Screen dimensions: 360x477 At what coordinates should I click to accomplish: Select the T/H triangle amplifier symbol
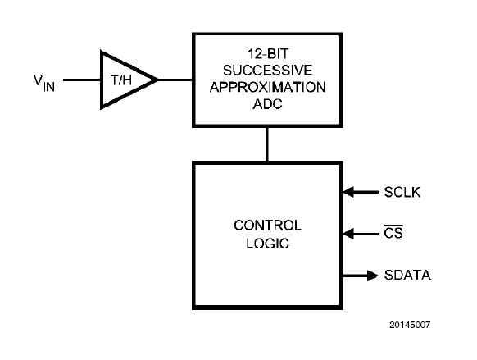[123, 80]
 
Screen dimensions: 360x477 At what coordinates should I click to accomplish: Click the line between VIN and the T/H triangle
[81, 80]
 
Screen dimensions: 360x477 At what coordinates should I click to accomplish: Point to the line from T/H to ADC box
[175, 80]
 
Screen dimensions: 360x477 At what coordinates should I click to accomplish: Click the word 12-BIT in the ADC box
[266, 54]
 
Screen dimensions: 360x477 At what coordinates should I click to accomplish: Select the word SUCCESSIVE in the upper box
[266, 70]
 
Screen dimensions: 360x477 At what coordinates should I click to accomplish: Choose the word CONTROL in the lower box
[267, 225]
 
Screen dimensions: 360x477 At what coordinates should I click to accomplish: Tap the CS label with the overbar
[393, 234]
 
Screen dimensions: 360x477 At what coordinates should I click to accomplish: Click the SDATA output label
[407, 274]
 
